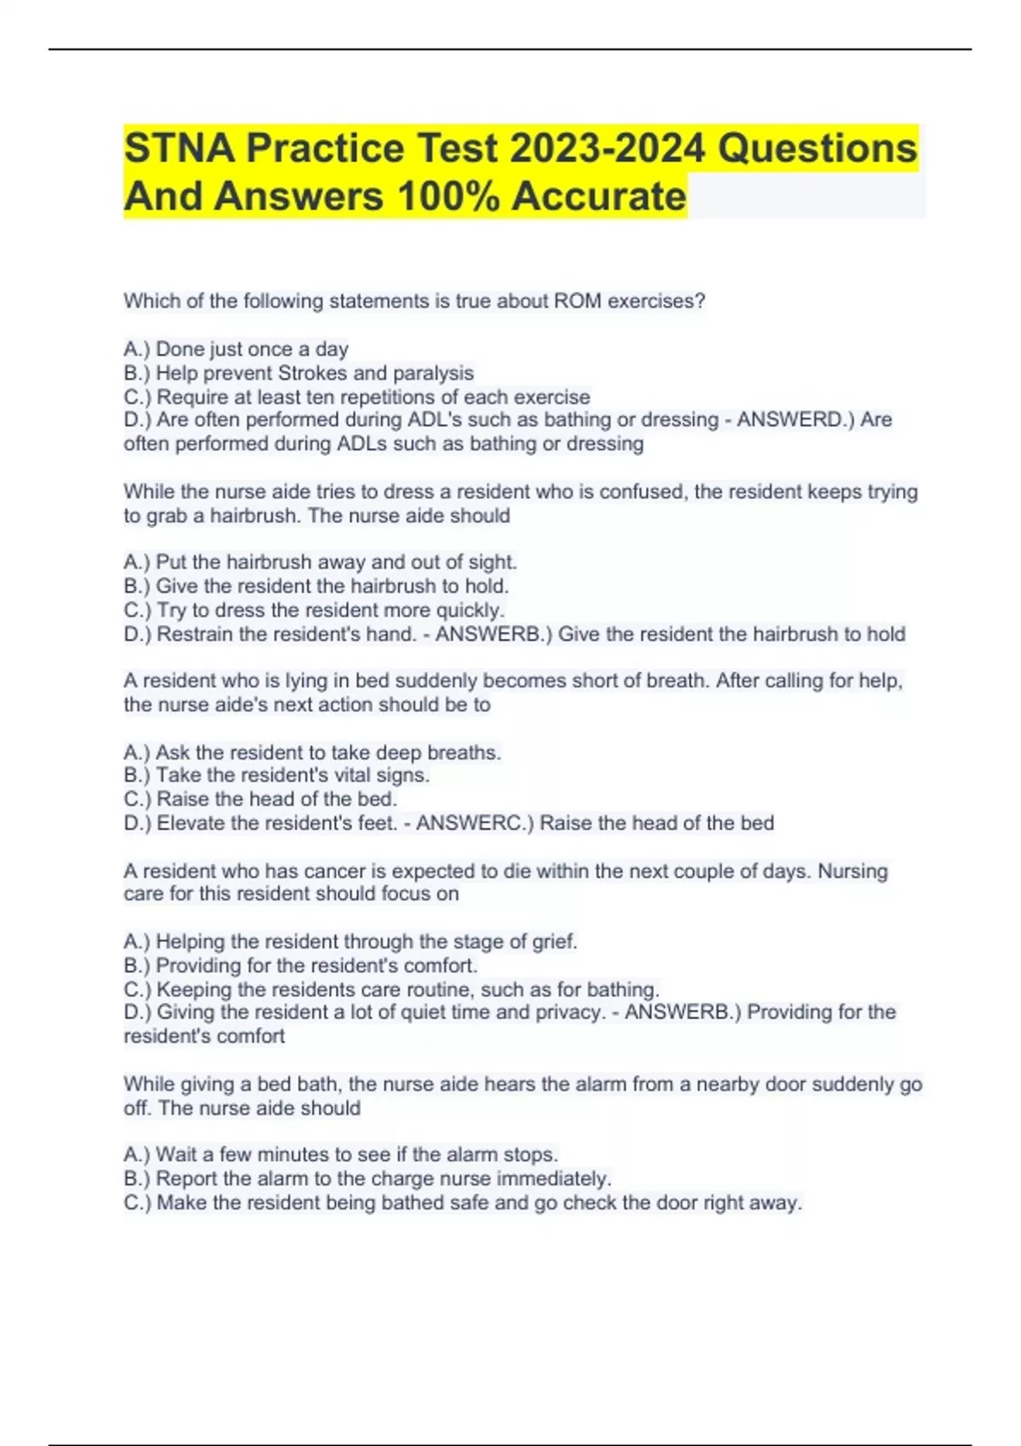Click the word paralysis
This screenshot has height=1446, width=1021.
pyautogui.click(x=433, y=373)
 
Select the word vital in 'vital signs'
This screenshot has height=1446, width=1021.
pyautogui.click(x=351, y=776)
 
